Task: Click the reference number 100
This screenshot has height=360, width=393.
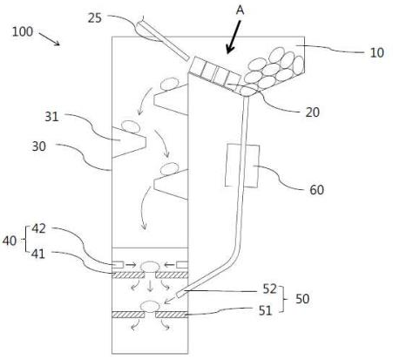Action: click(x=23, y=31)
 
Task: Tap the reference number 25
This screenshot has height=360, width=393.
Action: click(x=95, y=18)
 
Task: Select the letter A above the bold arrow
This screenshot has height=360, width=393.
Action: click(x=240, y=10)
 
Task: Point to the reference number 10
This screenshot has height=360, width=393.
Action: click(x=377, y=52)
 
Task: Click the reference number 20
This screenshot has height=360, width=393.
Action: click(x=313, y=112)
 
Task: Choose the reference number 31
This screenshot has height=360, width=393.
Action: click(x=51, y=117)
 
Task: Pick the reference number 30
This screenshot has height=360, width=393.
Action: click(x=39, y=146)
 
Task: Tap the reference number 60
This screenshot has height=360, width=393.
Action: click(x=316, y=190)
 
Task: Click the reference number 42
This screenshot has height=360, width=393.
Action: click(x=39, y=228)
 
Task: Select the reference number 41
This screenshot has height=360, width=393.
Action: click(x=38, y=254)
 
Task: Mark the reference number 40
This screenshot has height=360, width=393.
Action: click(x=10, y=241)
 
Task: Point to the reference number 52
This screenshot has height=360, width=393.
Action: click(x=269, y=289)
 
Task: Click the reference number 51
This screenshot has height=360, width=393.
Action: click(x=265, y=311)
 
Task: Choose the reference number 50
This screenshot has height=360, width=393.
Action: click(x=302, y=299)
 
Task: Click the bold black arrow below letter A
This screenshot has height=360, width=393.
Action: click(x=234, y=37)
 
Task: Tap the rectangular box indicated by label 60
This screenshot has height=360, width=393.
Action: click(x=242, y=166)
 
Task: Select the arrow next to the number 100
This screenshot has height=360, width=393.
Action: click(x=50, y=39)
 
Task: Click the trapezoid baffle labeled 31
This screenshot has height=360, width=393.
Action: click(x=129, y=142)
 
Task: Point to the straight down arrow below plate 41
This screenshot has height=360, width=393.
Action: click(x=150, y=286)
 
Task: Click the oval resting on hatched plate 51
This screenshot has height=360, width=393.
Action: click(x=150, y=306)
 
